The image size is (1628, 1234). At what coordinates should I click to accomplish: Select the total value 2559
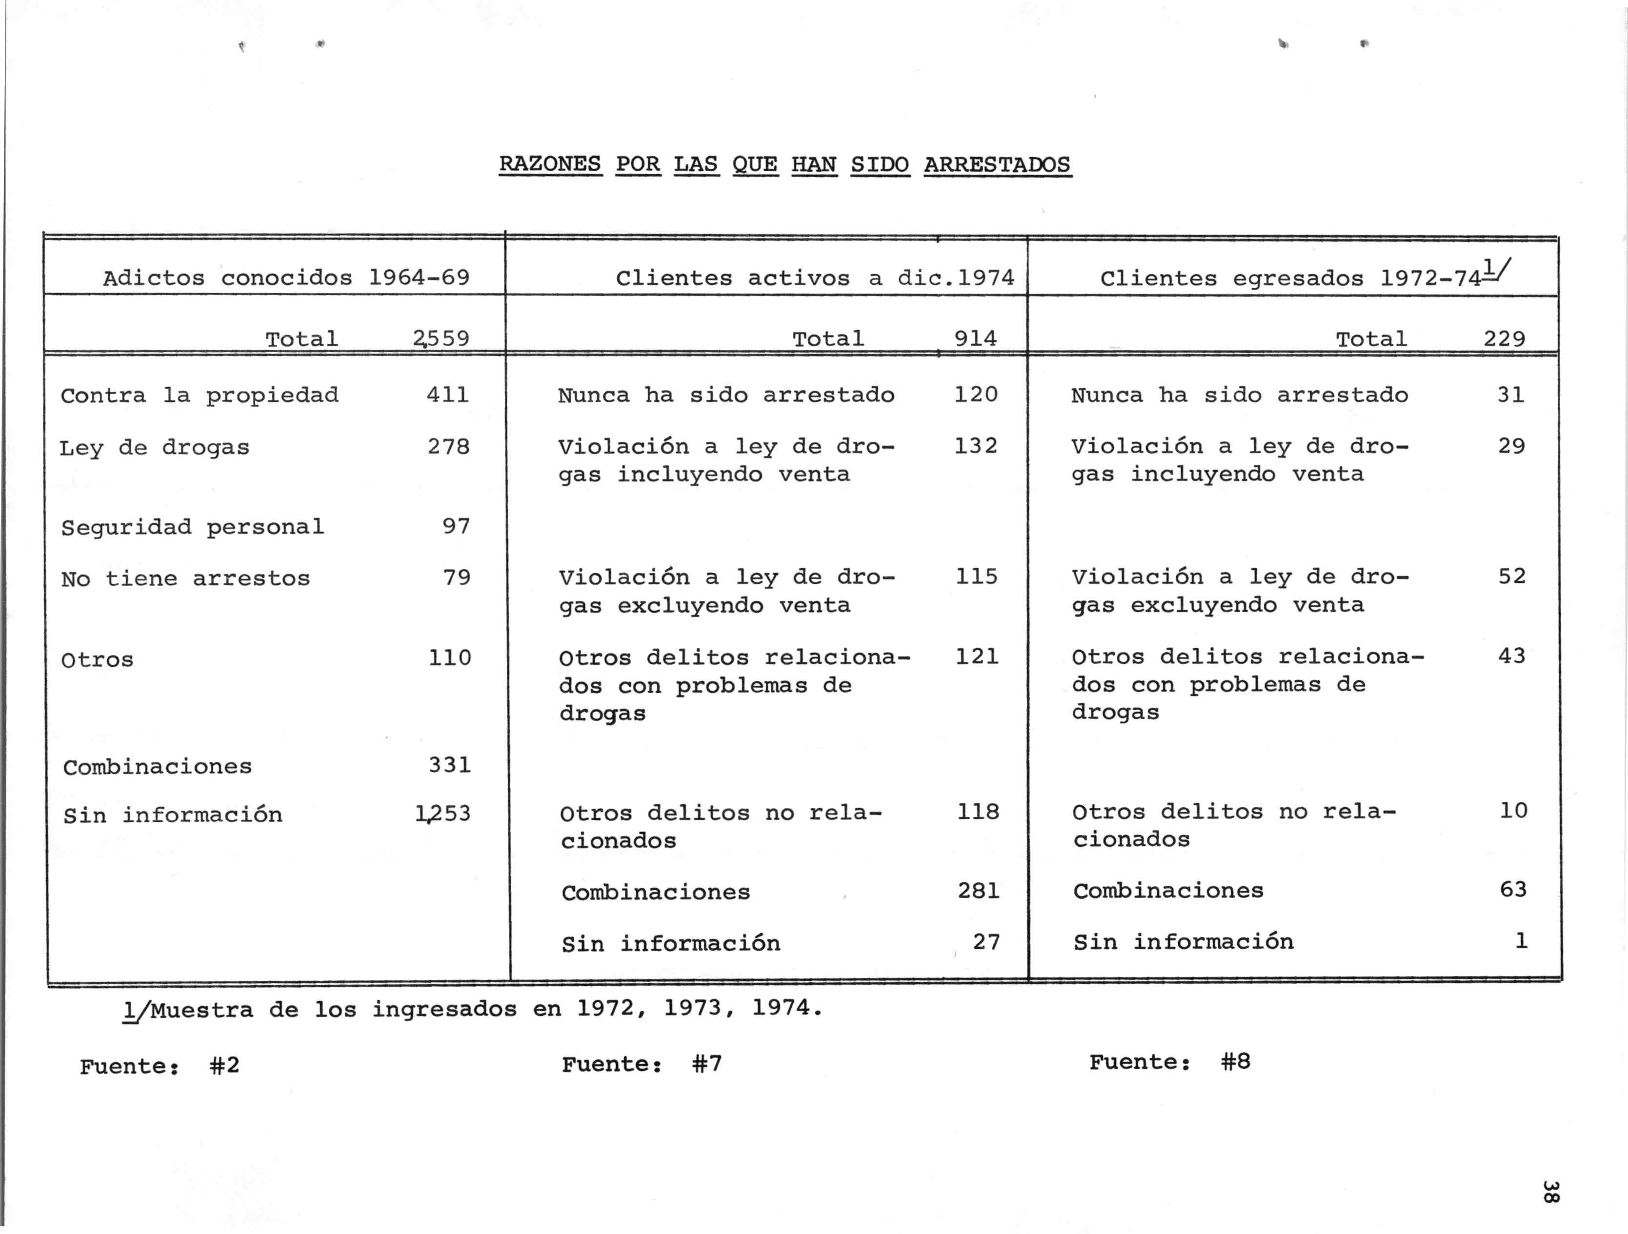point(441,338)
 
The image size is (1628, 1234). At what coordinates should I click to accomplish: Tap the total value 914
point(975,338)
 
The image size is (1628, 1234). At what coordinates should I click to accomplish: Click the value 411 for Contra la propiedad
point(447,395)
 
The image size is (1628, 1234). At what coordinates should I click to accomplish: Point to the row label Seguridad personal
point(192,527)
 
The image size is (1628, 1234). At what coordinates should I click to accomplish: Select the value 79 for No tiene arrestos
point(456,577)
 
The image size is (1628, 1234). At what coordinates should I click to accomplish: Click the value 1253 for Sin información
point(443,814)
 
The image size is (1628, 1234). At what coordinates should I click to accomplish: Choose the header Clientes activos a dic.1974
point(815,278)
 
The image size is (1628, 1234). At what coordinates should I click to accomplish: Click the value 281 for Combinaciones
point(978,891)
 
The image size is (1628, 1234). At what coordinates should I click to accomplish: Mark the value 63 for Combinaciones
point(1513,890)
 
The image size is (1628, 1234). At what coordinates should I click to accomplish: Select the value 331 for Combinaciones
point(450,765)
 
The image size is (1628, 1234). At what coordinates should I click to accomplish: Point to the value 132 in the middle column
point(976,446)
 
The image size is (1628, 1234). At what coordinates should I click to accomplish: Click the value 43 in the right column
point(1512,656)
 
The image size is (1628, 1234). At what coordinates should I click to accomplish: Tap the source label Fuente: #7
point(642,1064)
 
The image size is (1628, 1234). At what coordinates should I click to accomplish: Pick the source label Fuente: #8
point(1169,1062)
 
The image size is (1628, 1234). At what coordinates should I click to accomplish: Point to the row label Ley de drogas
point(155,447)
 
